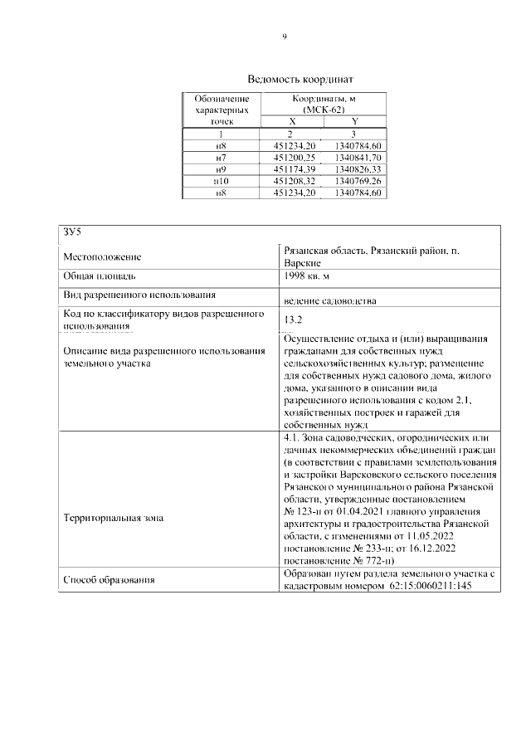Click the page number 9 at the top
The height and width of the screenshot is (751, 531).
tap(284, 37)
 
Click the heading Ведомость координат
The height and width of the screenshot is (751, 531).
tap(284, 80)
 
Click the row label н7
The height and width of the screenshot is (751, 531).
tap(221, 157)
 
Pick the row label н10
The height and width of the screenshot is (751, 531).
tap(221, 180)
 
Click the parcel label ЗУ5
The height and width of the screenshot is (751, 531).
tap(72, 232)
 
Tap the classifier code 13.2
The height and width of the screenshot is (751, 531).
tap(293, 319)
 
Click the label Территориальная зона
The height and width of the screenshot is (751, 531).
tap(114, 518)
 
